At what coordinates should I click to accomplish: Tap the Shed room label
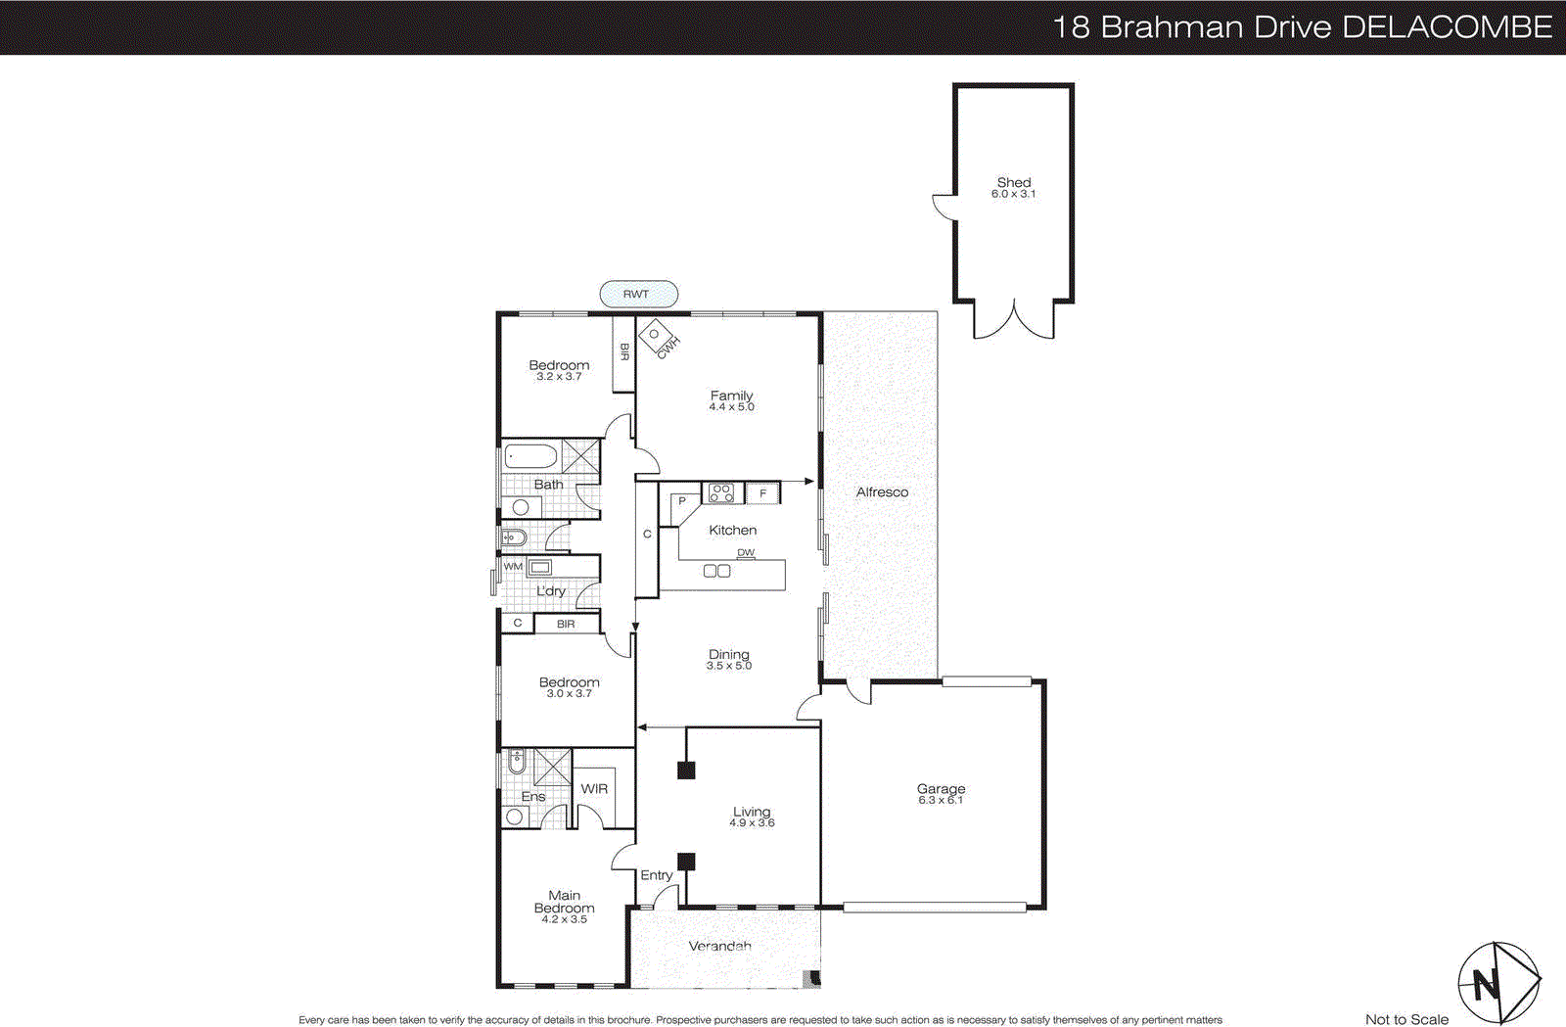tap(1014, 182)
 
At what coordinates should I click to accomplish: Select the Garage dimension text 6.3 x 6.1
tap(941, 801)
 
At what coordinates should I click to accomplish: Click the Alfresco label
tap(882, 492)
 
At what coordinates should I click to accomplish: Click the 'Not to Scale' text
tap(1406, 1019)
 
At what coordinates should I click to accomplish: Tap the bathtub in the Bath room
tap(530, 456)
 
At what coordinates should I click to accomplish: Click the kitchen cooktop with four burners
tap(721, 492)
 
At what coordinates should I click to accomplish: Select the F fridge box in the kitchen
tap(762, 493)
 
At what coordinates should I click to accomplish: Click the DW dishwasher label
tap(746, 553)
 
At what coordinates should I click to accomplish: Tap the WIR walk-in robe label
tap(594, 789)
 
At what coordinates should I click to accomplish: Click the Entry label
tap(656, 875)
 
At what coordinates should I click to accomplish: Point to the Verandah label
tap(719, 946)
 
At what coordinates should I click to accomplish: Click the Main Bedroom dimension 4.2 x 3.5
tap(565, 919)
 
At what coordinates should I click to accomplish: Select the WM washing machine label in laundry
tap(513, 567)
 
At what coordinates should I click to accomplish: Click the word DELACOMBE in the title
tap(1447, 26)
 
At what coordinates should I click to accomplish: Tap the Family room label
tap(731, 396)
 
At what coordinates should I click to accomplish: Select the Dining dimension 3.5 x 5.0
tap(729, 666)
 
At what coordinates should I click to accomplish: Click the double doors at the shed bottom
tap(1014, 319)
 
